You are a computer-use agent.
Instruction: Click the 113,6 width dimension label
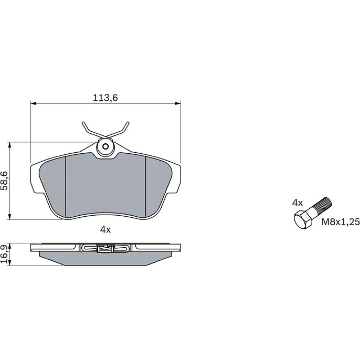pyautogui.click(x=105, y=98)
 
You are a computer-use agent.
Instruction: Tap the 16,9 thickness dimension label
pyautogui.click(x=5, y=254)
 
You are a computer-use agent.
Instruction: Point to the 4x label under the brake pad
pyautogui.click(x=105, y=229)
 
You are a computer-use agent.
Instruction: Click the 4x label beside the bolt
pyautogui.click(x=297, y=203)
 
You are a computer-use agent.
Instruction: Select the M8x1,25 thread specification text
pyautogui.click(x=341, y=222)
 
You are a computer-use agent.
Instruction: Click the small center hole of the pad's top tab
pyautogui.click(x=105, y=146)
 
